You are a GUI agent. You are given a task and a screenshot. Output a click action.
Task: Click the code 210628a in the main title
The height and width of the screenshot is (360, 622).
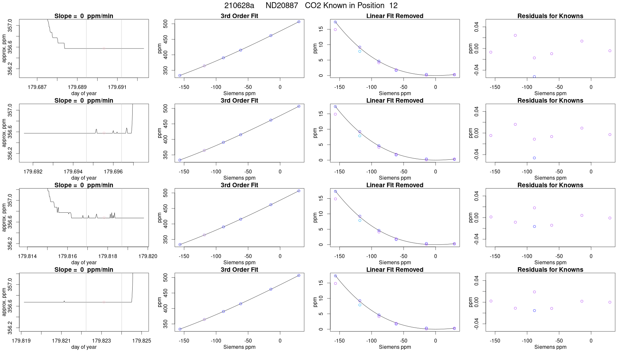click(x=239, y=6)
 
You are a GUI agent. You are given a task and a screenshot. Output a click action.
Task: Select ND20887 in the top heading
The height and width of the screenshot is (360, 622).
click(x=282, y=6)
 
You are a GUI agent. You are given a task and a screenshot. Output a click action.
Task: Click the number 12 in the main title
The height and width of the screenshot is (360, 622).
click(x=393, y=6)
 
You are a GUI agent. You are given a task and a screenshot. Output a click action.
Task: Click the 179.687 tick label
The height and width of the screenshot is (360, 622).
click(x=37, y=87)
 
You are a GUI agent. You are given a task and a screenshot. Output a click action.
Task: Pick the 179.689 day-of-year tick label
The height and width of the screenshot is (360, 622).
click(x=77, y=87)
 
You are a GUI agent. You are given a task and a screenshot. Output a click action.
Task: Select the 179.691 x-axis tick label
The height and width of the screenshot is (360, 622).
click(x=117, y=87)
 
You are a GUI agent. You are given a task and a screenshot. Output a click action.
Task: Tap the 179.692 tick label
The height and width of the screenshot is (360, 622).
click(x=33, y=171)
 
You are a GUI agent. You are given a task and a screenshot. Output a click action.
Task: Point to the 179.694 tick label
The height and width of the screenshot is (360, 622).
click(x=73, y=171)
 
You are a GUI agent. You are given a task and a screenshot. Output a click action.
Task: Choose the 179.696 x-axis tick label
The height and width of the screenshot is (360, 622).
click(x=113, y=171)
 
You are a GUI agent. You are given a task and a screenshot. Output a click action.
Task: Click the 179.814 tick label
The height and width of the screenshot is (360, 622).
click(x=27, y=256)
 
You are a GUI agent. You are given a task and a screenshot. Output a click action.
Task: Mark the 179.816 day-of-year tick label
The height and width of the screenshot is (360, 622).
click(x=67, y=256)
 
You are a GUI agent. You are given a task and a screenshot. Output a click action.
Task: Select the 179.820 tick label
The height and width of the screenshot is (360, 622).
click(x=148, y=256)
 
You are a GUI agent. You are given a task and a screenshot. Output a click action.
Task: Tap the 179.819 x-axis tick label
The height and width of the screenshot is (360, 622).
click(x=21, y=341)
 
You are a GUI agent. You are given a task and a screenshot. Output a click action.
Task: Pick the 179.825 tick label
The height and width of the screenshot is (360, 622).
click(x=141, y=341)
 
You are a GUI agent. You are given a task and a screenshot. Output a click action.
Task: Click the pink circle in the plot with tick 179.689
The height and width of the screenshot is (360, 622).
click(x=104, y=48)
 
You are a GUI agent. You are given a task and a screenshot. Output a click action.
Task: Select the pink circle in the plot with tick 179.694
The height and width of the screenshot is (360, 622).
click(x=104, y=133)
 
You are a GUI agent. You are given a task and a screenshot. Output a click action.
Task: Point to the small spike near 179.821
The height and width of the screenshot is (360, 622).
click(x=64, y=301)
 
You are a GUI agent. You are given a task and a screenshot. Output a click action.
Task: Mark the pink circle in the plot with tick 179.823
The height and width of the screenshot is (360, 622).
click(x=104, y=302)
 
